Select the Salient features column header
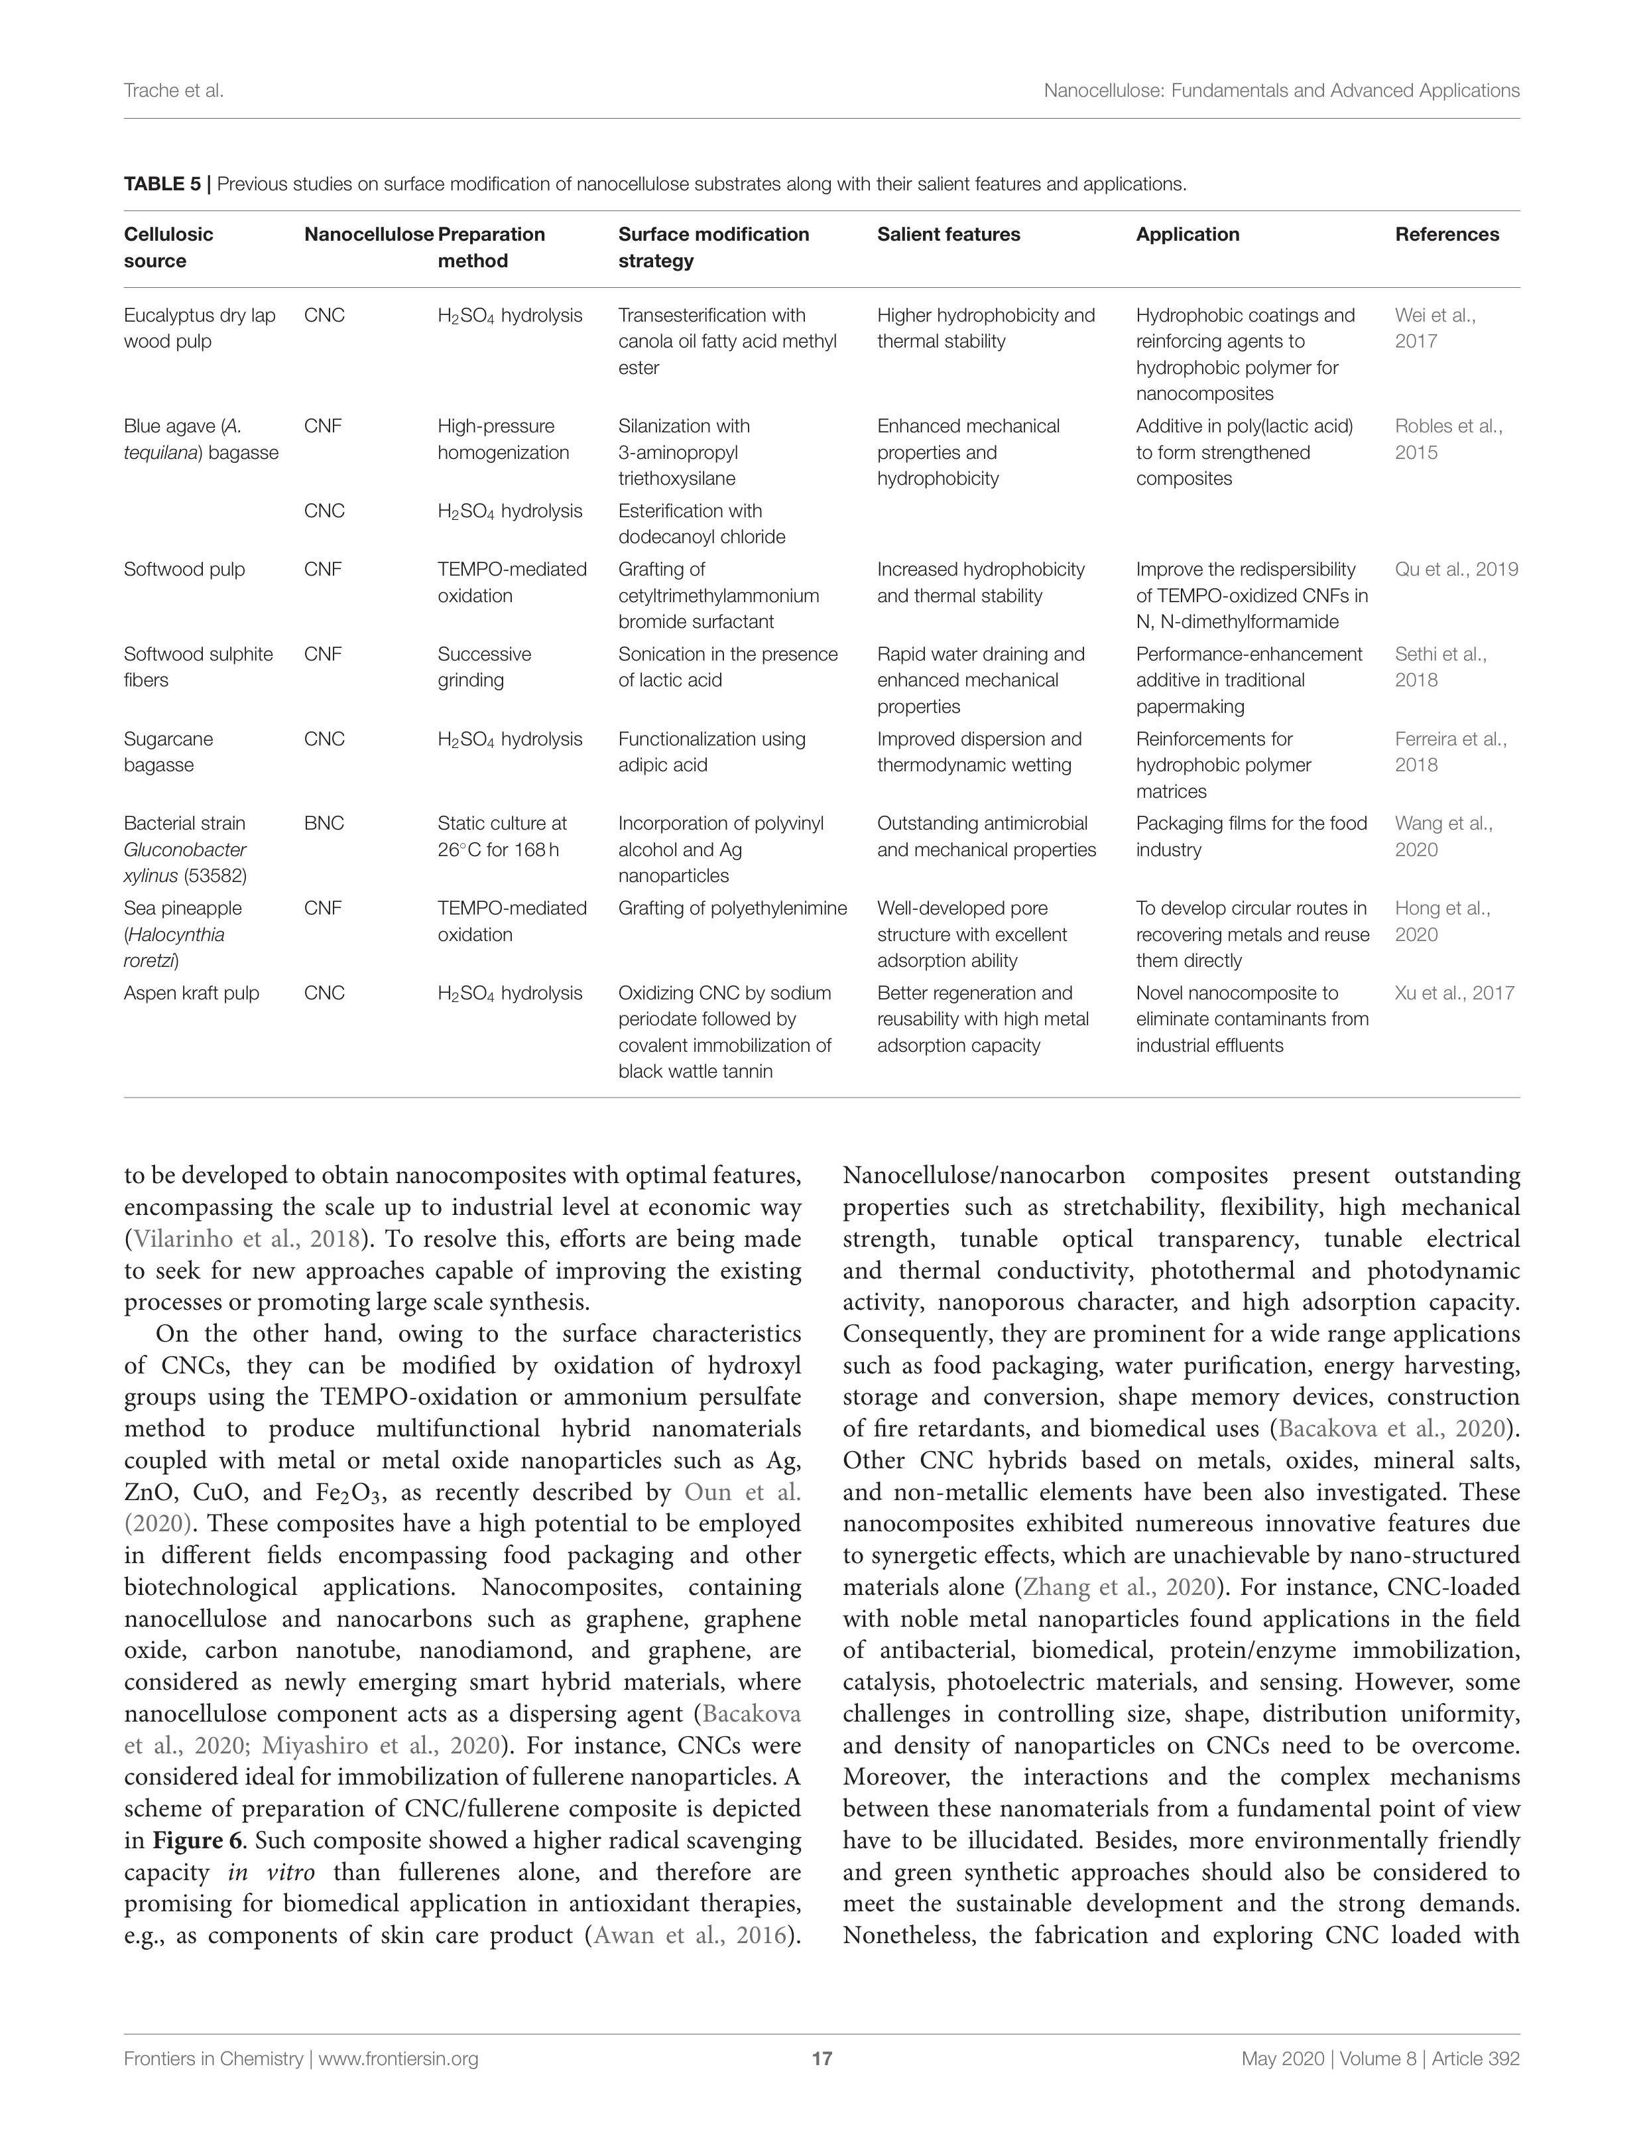(x=948, y=234)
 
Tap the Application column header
(x=1187, y=234)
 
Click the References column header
(x=1446, y=234)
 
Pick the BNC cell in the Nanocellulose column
(x=324, y=824)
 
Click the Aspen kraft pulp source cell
(x=191, y=993)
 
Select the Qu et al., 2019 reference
(x=1456, y=569)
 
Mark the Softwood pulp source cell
(x=184, y=569)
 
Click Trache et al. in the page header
(x=173, y=91)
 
